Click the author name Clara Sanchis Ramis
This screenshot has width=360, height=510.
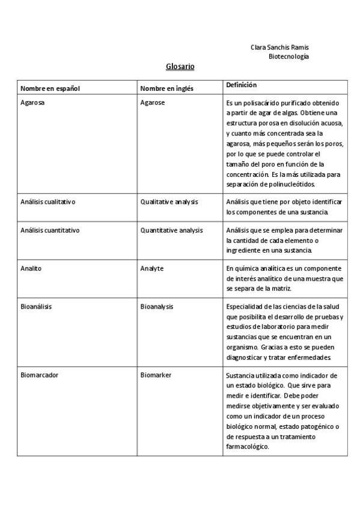(279, 47)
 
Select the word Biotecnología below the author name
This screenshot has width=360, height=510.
(288, 56)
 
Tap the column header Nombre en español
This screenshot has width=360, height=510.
(50, 88)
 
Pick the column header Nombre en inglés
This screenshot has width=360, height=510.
(166, 88)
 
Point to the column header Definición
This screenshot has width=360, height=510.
(241, 85)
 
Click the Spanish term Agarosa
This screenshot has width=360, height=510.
(33, 103)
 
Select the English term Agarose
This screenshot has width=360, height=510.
(153, 103)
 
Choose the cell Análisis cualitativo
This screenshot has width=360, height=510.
(47, 201)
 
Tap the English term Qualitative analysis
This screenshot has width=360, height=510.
(169, 201)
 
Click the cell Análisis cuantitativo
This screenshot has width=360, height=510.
(50, 230)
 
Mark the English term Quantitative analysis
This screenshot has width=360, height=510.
(171, 230)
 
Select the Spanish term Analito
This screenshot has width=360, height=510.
(31, 268)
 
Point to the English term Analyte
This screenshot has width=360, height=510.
(152, 268)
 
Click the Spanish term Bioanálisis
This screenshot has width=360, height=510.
(36, 307)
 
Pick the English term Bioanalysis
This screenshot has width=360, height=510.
(157, 307)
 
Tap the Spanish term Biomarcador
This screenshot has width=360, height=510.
(39, 375)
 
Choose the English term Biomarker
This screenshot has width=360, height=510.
(156, 375)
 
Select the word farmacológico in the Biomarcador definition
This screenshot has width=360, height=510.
(248, 447)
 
